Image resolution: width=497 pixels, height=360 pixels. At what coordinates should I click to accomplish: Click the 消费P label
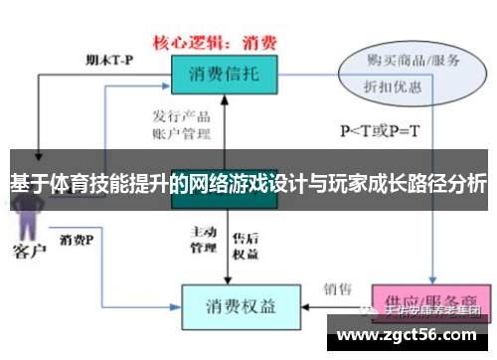point(77,240)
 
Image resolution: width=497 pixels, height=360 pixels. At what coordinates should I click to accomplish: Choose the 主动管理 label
point(203,239)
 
